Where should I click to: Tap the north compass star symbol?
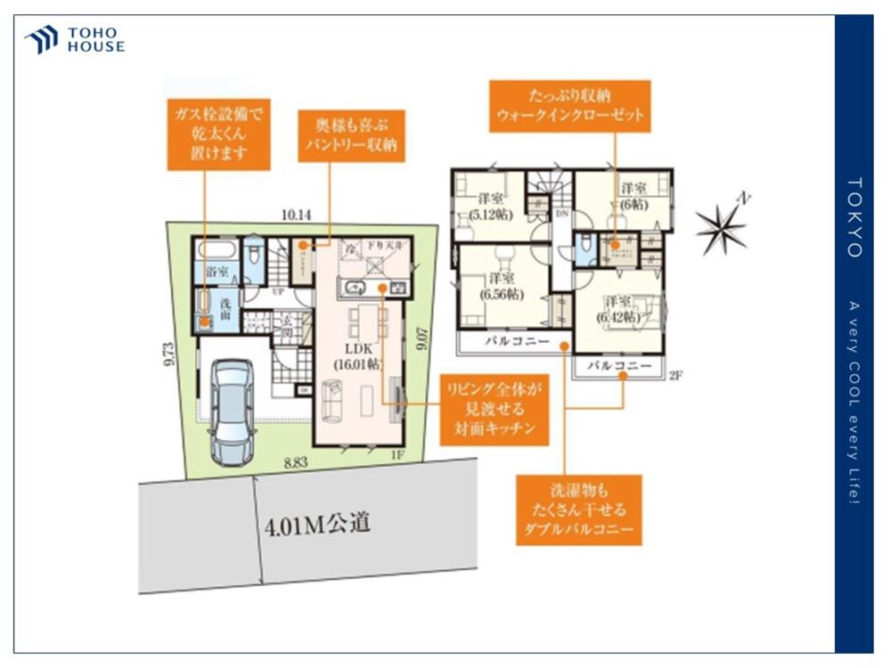tap(721, 226)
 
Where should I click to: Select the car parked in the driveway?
tap(233, 411)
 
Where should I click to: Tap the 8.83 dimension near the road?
tap(296, 461)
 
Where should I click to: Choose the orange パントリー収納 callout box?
tap(351, 135)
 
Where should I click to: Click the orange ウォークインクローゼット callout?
tap(569, 106)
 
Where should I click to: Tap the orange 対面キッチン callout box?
tap(493, 408)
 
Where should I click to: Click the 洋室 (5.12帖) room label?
tap(487, 207)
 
